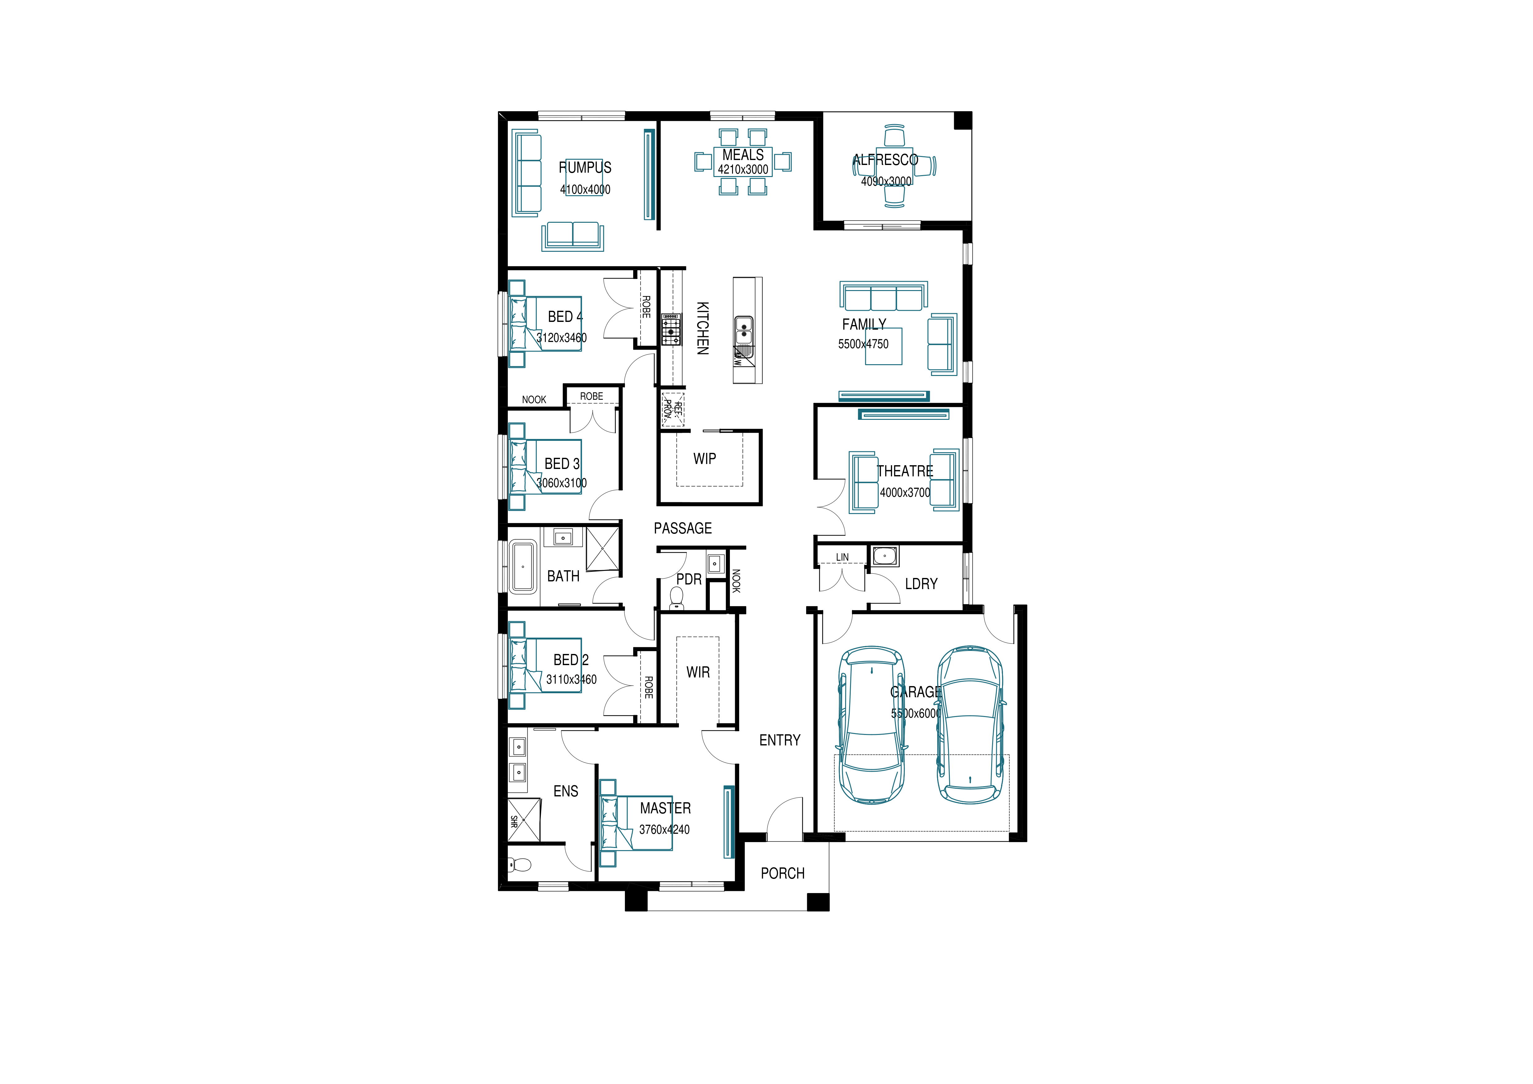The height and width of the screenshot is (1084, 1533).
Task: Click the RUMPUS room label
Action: (585, 168)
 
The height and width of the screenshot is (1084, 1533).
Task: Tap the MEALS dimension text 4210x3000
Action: (743, 170)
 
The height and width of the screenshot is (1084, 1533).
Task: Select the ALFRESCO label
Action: (885, 160)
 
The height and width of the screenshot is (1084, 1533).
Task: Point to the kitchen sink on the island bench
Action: (744, 330)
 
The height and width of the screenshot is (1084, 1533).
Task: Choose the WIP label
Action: (704, 459)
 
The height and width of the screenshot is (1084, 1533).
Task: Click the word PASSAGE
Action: (682, 528)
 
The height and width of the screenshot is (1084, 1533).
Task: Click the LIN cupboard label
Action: (843, 557)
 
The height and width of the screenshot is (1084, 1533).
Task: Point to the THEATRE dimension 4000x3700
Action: (905, 493)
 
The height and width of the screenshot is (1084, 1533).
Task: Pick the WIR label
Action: (698, 673)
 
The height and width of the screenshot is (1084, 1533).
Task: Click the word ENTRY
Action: (780, 740)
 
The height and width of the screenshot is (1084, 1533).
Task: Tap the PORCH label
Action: (782, 874)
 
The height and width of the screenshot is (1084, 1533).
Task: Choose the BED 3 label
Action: (562, 463)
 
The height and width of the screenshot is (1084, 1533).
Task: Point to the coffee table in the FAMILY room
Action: (884, 346)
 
